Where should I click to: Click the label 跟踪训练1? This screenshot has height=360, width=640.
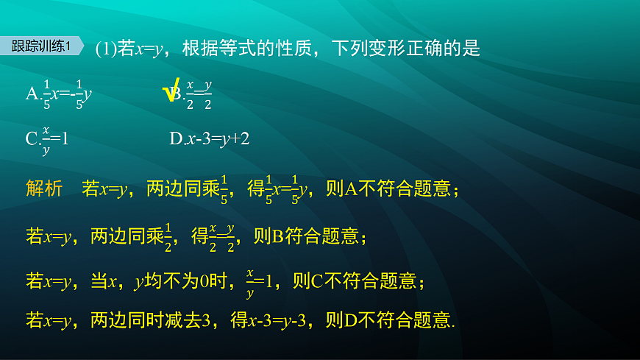click(x=41, y=46)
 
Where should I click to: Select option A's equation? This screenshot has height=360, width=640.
click(x=59, y=93)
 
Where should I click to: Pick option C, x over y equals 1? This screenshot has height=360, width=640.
click(x=47, y=139)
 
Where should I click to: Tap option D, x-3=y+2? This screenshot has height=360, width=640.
click(x=210, y=138)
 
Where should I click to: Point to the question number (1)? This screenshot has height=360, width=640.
click(x=106, y=49)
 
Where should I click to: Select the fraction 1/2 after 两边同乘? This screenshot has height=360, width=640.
click(x=167, y=236)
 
